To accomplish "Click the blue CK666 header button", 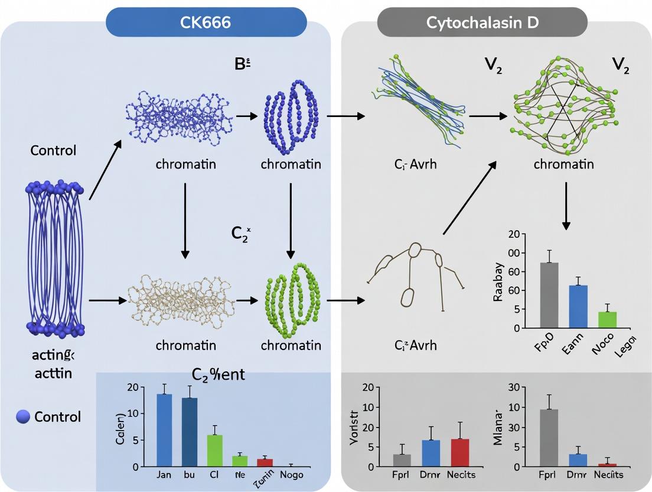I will point(206,23).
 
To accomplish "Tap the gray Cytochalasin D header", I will point(482,23).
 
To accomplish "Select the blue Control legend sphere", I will point(23,417).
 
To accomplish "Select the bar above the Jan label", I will point(164,430).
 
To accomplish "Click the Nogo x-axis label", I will point(293,475).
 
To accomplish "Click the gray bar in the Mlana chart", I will point(549,438).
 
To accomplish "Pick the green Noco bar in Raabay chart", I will point(608,319).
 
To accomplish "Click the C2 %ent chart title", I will point(219,374).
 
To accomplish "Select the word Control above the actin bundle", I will point(53,150).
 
